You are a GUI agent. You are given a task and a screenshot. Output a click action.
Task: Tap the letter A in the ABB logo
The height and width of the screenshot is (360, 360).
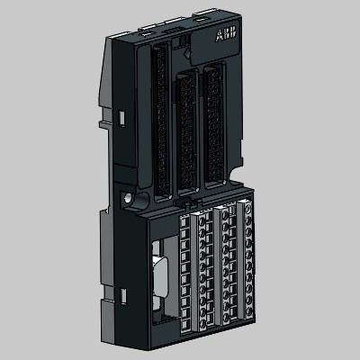click(219, 36)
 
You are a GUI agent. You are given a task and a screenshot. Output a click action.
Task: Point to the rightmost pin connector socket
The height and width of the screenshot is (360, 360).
click(214, 126)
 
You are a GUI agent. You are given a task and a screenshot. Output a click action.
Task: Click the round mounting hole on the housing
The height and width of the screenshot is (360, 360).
click(127, 197)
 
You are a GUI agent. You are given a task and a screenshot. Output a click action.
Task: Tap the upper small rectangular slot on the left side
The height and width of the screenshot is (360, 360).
click(121, 118)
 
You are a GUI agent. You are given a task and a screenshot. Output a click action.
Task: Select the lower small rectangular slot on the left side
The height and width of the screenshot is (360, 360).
click(123, 296)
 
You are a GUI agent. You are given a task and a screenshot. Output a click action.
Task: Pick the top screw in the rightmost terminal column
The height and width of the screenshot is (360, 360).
click(248, 209)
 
